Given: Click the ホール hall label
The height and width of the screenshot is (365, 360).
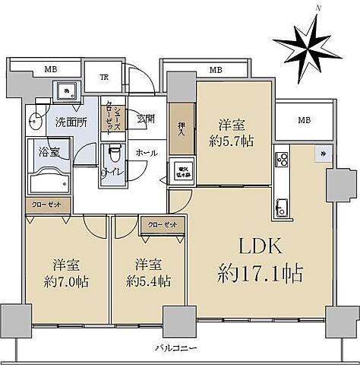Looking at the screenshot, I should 147,152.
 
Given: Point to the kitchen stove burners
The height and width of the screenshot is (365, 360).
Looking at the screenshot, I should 281,159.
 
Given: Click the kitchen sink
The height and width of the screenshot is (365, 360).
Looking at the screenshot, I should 281,205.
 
